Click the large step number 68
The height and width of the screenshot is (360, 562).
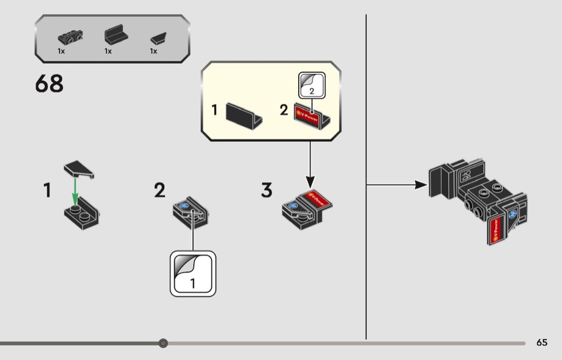tap(49, 84)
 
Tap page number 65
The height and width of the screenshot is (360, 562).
tap(542, 342)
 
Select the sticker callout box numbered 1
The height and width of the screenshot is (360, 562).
tap(193, 273)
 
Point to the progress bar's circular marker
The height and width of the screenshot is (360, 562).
tap(163, 343)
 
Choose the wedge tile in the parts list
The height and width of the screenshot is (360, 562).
tap(157, 39)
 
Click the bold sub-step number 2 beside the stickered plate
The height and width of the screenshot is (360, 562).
tap(160, 190)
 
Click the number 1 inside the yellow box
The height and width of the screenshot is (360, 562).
tap(215, 110)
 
